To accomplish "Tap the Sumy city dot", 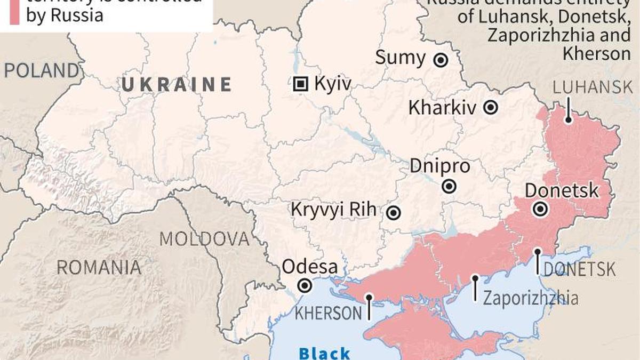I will pyautogui.click(x=441, y=60).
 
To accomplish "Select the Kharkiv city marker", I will pyautogui.click(x=491, y=108).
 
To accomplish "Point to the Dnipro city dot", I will pyautogui.click(x=450, y=186).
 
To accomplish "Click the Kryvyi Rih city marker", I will pyautogui.click(x=394, y=213).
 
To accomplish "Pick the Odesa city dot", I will pyautogui.click(x=305, y=286).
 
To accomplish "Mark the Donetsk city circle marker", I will pyautogui.click(x=541, y=210).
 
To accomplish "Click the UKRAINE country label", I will pyautogui.click(x=177, y=85).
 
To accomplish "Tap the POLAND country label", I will pyautogui.click(x=42, y=71).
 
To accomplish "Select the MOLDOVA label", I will pyautogui.click(x=205, y=239).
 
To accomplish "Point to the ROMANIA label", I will pyautogui.click(x=99, y=267).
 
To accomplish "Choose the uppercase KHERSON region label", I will pyautogui.click(x=329, y=313).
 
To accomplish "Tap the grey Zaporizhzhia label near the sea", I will pyautogui.click(x=530, y=298).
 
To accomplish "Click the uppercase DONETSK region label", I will pyautogui.click(x=579, y=269).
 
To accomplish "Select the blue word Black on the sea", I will pyautogui.click(x=324, y=353).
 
